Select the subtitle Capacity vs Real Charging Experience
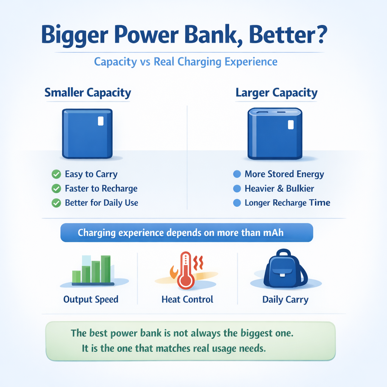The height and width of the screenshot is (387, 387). click(x=186, y=62)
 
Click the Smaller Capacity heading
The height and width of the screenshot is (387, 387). click(x=88, y=93)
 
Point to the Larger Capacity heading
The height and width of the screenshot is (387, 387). click(x=276, y=93)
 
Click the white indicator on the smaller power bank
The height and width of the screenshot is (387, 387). click(x=101, y=121)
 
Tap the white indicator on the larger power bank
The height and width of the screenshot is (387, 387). click(x=290, y=125)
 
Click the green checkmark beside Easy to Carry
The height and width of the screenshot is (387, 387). click(x=56, y=174)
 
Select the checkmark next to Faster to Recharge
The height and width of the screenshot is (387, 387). click(x=56, y=189)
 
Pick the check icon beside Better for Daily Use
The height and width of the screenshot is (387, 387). click(x=56, y=203)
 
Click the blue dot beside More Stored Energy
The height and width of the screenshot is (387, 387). click(x=237, y=174)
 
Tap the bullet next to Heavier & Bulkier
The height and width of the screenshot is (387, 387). click(x=237, y=189)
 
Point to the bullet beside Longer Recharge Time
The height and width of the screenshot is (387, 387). click(x=237, y=203)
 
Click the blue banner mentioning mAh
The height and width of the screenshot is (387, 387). click(x=187, y=232)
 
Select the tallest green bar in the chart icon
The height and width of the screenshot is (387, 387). click(x=106, y=269)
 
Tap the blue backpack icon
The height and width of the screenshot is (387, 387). click(x=285, y=269)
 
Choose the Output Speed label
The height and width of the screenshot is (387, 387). click(x=91, y=300)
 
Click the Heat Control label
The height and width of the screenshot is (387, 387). click(x=187, y=300)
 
